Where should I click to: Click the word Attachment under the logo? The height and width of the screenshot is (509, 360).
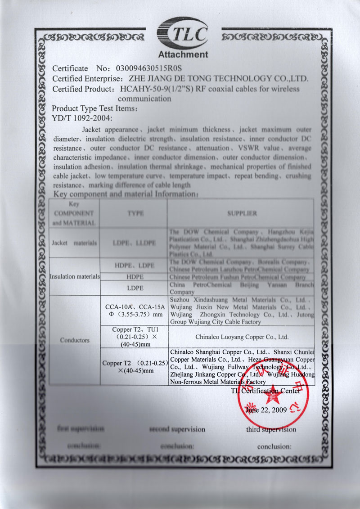click(x=183, y=55)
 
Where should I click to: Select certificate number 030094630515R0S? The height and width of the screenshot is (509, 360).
click(x=148, y=69)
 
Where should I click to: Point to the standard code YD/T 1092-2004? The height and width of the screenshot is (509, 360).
click(x=81, y=118)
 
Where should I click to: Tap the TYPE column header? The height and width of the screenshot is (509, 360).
click(x=135, y=213)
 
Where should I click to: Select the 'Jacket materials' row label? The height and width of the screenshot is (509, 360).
click(x=74, y=243)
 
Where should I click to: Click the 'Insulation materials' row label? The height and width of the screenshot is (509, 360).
click(x=74, y=276)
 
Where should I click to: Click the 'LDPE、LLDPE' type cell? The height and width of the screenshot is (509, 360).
click(x=135, y=243)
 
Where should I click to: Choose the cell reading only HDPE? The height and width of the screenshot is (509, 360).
click(x=135, y=277)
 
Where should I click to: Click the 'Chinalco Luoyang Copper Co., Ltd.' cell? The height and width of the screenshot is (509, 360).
click(x=242, y=336)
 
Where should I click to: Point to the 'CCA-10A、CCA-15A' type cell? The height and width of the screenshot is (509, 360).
click(x=135, y=306)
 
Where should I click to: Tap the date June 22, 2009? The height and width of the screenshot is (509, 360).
click(x=266, y=410)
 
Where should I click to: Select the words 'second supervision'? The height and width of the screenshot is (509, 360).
click(x=177, y=429)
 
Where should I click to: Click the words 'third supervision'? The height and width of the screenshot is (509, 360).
click(x=271, y=429)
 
